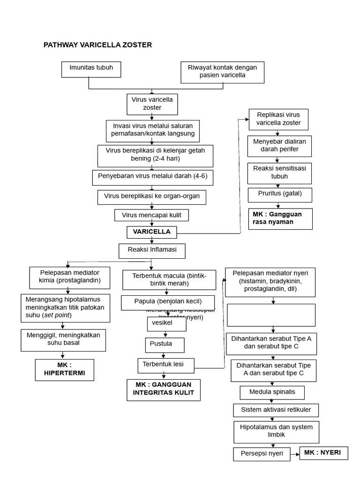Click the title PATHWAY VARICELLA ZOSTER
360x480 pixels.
tap(97, 45)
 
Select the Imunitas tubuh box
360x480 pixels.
tap(91, 69)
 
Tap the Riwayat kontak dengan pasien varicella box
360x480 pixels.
tap(222, 72)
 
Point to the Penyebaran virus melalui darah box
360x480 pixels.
tap(152, 178)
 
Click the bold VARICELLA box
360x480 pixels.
tap(151, 232)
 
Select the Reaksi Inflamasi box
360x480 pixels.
tap(152, 250)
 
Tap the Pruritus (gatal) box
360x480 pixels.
tap(280, 194)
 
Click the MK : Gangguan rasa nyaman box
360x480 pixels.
tap(280, 218)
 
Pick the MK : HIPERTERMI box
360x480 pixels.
tap(65, 370)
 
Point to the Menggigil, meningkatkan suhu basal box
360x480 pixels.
tap(63, 339)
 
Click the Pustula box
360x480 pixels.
tap(164, 345)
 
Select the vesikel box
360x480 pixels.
tap(166, 324)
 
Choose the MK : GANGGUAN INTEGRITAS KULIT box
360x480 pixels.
tap(164, 390)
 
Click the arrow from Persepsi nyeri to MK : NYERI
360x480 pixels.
tap(293, 453)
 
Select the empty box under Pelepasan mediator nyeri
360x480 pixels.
tap(271, 315)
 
